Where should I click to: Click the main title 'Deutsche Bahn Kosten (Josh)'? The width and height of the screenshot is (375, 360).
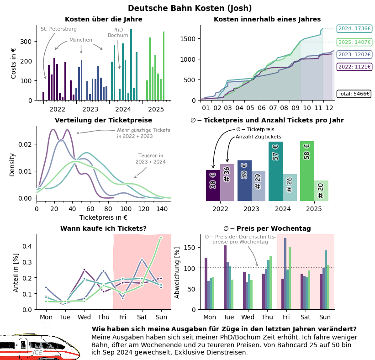tap(190, 8)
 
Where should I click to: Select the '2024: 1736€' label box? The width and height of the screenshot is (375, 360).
tap(354, 28)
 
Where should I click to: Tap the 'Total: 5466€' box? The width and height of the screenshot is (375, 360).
tap(354, 94)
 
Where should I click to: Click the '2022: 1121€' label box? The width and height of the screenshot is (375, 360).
tap(354, 67)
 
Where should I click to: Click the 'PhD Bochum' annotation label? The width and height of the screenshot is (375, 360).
tap(118, 32)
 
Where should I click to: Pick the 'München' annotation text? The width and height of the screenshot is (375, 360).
tap(81, 40)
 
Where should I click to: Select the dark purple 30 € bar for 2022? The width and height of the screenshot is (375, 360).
tap(213, 185)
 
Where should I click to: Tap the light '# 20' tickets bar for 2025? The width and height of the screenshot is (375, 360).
tap(321, 191)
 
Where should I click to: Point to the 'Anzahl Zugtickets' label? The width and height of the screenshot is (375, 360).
tap(259, 137)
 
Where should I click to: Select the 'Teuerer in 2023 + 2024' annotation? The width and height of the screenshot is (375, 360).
tap(150, 159)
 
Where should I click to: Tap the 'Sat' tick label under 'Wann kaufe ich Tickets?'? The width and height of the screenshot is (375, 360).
tap(142, 317)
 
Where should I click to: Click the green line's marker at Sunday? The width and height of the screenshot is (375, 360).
tap(161, 238)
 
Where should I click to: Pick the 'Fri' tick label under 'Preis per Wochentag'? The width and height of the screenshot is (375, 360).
tap(286, 317)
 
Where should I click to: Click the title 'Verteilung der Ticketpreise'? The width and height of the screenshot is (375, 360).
tap(103, 120)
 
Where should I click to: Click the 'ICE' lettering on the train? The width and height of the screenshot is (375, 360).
tap(38, 352)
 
